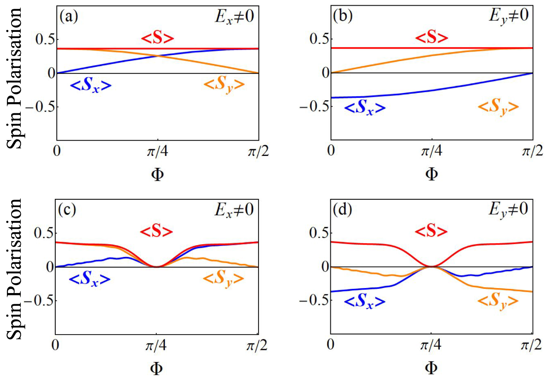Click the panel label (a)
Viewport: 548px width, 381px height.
point(69,17)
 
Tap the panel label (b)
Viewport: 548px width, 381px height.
point(343,16)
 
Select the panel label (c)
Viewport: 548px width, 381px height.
point(67,210)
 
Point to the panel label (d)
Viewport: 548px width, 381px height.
point(343,210)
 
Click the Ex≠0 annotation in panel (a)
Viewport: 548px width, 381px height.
point(234,17)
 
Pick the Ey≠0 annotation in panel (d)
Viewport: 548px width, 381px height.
point(508,210)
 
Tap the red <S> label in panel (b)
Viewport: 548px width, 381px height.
point(432,38)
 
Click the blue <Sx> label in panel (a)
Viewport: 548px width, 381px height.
point(91,86)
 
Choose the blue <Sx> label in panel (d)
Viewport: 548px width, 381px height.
point(364,301)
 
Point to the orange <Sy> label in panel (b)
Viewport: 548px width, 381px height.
point(498,107)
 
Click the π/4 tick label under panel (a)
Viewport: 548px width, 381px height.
point(157,152)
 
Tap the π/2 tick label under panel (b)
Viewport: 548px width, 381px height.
point(532,151)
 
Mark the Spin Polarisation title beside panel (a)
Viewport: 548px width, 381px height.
point(15,78)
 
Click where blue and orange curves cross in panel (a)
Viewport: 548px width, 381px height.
point(157,56)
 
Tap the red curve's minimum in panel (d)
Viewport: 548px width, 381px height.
point(431,266)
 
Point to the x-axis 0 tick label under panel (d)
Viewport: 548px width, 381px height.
point(331,345)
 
